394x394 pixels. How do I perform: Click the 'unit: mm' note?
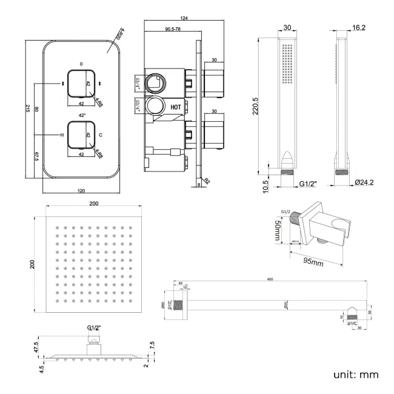point(355,375)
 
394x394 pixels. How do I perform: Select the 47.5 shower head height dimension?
point(36,347)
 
